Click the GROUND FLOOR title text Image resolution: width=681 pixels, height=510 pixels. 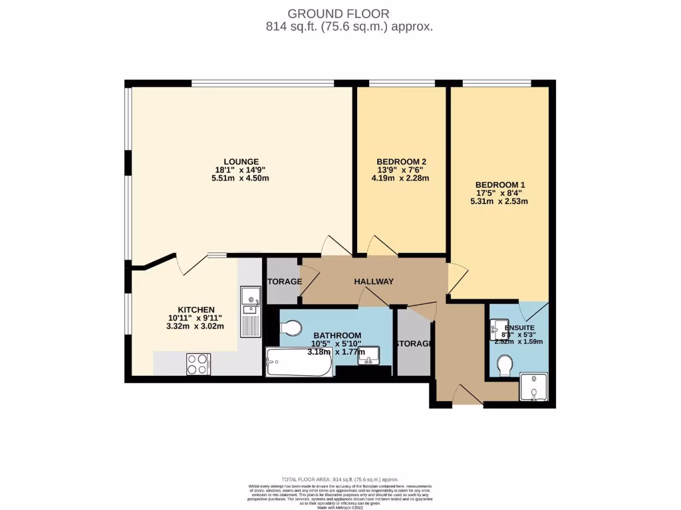point(339,13)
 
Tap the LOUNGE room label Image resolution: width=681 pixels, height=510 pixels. point(241,161)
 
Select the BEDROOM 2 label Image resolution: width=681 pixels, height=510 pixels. point(400,161)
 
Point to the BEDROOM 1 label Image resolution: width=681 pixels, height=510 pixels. point(500,185)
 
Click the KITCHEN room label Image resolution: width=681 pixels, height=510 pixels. point(196,309)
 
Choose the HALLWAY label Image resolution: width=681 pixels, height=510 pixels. point(373,282)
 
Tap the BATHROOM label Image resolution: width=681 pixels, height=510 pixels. point(337,335)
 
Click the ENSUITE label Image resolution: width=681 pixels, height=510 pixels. point(519,327)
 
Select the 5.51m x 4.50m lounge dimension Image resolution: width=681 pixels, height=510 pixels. point(241,179)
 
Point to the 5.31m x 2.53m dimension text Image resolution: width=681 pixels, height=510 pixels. point(500,202)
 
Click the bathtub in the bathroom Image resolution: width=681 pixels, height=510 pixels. point(299,363)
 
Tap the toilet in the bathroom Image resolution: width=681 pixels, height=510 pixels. point(291,327)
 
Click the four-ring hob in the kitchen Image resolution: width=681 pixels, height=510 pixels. point(198,363)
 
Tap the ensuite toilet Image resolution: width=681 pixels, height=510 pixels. point(504,365)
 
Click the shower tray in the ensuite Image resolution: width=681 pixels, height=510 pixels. point(535,387)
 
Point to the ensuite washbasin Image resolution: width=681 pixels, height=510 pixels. point(497,327)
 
